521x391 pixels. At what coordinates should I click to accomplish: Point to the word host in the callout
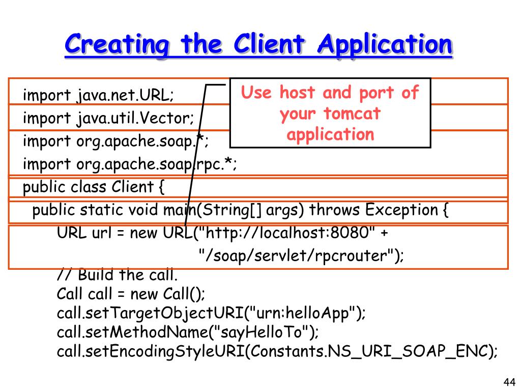pos(297,93)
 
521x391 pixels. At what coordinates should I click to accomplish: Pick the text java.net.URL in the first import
pos(125,95)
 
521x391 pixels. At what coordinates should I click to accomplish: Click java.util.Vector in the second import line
pos(135,119)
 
